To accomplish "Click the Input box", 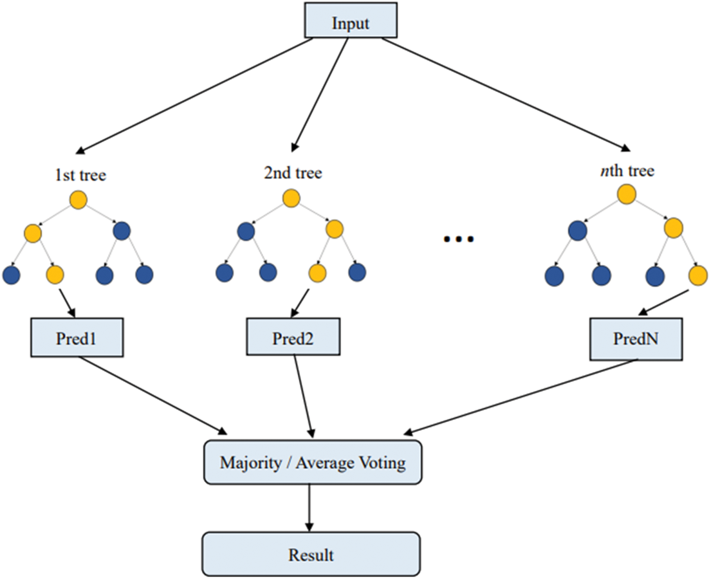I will [x=351, y=23].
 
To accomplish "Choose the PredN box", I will [x=636, y=341].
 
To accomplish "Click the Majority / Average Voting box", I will [x=313, y=463].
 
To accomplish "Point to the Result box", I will [x=311, y=554].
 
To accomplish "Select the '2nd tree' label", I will [x=292, y=173].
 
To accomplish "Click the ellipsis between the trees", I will [x=459, y=239].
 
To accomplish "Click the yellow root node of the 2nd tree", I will [x=291, y=198].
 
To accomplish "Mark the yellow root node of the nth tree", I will [x=627, y=194].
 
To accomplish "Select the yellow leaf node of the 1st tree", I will [x=55, y=275].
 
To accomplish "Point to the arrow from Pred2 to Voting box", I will [x=304, y=396].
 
